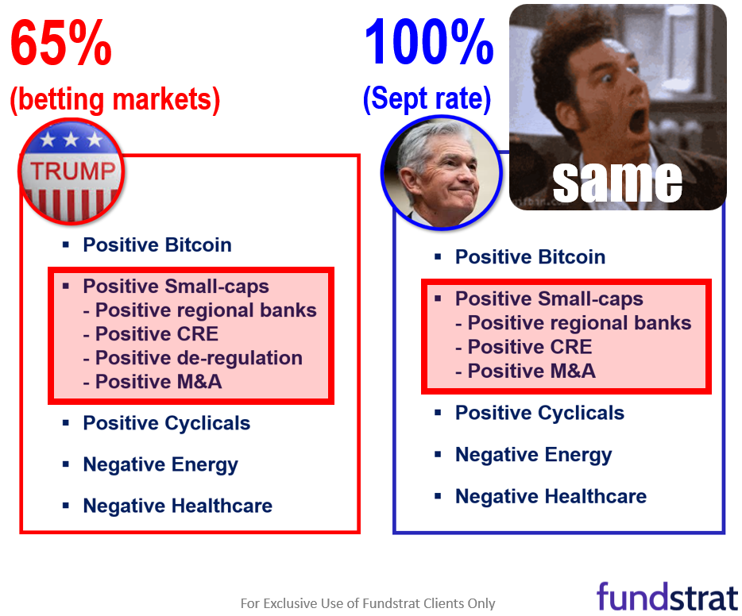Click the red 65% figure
[61, 43]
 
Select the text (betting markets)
[115, 100]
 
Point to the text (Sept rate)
[427, 98]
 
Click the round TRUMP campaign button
[71, 171]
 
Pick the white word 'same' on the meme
[617, 182]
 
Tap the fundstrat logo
[667, 597]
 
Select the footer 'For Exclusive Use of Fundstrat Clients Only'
[368, 603]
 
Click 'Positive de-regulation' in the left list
[199, 358]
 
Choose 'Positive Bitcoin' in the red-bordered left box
[157, 244]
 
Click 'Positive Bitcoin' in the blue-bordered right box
[530, 257]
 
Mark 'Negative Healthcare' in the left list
[177, 506]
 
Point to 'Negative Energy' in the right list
[533, 455]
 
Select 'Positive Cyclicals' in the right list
[539, 413]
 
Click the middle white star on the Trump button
[71, 139]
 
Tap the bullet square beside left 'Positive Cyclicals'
[66, 422]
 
